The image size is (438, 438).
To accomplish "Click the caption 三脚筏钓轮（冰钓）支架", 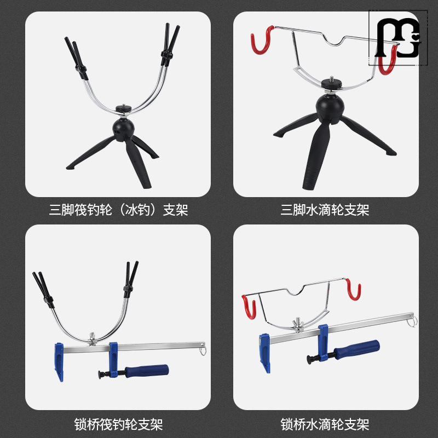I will [118, 210].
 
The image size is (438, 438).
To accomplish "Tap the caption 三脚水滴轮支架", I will [325, 210].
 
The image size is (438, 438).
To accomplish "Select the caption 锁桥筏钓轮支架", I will [118, 424].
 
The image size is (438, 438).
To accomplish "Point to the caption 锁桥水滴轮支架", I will [325, 424].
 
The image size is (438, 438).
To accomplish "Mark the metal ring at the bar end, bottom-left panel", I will [203, 348].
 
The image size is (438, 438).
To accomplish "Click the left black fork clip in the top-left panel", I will [75, 56].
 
